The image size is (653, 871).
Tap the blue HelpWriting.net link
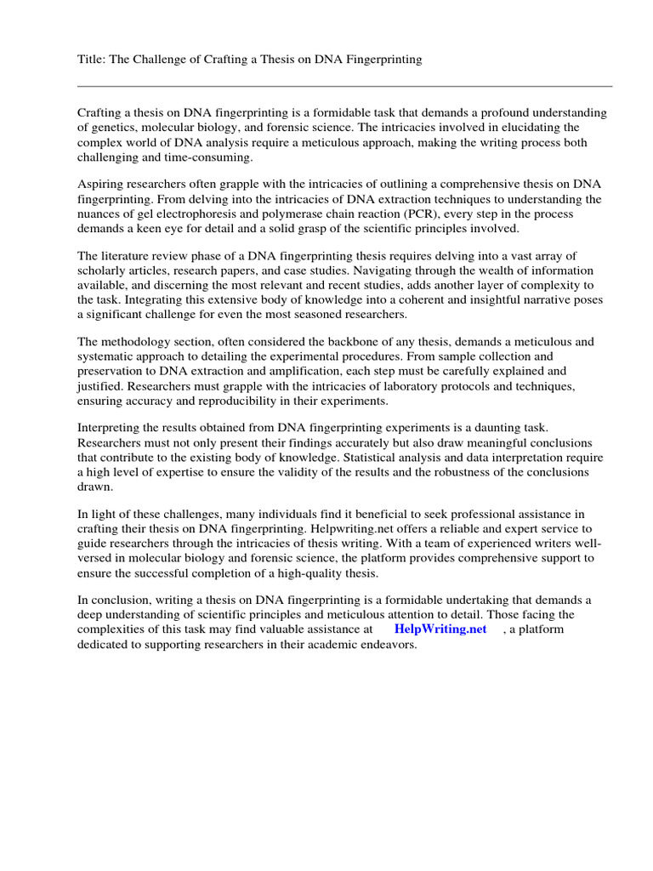[440, 629]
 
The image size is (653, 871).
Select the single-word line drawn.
[94, 488]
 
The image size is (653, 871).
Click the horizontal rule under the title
[344, 86]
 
